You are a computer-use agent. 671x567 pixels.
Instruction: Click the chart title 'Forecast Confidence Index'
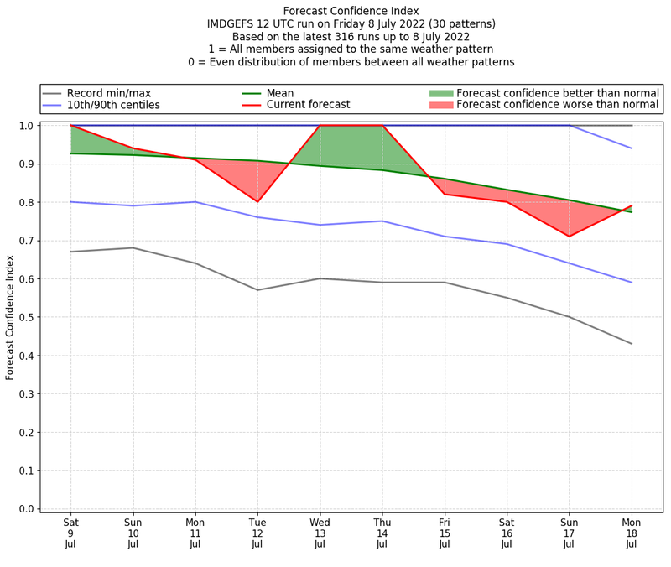pyautogui.click(x=351, y=11)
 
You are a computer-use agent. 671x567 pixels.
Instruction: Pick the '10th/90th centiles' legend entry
pyautogui.click(x=112, y=105)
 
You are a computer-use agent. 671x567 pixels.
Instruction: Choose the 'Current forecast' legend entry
pyautogui.click(x=308, y=105)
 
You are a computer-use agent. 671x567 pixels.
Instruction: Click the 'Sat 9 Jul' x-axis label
pyautogui.click(x=70, y=533)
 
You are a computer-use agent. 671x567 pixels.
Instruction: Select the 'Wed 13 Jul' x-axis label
pyautogui.click(x=320, y=533)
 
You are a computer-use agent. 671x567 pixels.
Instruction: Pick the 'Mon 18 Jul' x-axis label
pyautogui.click(x=632, y=533)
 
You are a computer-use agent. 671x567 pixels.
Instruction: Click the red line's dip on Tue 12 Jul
pyautogui.click(x=257, y=201)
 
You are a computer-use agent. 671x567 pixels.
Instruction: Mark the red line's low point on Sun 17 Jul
pyautogui.click(x=570, y=237)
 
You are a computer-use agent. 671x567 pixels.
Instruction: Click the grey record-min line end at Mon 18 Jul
pyautogui.click(x=632, y=344)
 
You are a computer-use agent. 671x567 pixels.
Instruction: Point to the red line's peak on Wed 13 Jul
pyautogui.click(x=320, y=126)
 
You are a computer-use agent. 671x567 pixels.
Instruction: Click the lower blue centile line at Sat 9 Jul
pyautogui.click(x=70, y=201)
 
